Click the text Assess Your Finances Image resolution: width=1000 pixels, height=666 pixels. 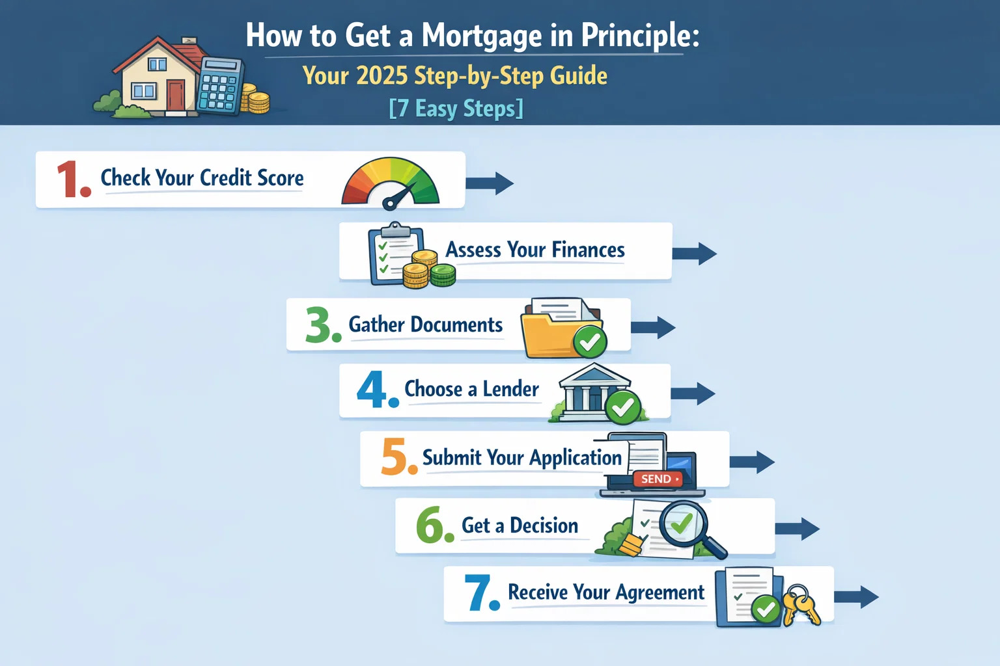(x=535, y=250)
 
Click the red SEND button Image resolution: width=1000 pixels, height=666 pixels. (x=658, y=479)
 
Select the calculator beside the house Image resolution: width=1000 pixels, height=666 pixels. (x=219, y=87)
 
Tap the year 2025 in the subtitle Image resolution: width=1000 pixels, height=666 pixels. (x=382, y=76)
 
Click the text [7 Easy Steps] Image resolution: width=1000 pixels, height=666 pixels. (x=456, y=108)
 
